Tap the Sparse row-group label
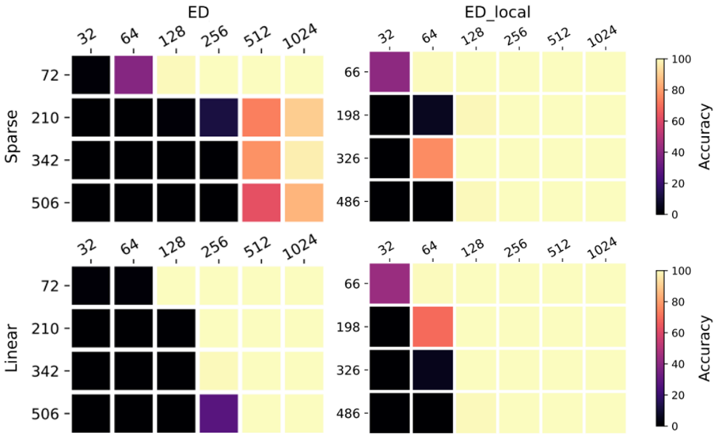point(13,138)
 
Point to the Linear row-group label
point(13,350)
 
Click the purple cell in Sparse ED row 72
point(134,74)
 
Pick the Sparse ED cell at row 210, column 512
point(261,116)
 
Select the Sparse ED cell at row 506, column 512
point(261,201)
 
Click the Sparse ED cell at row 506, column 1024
point(304,201)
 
